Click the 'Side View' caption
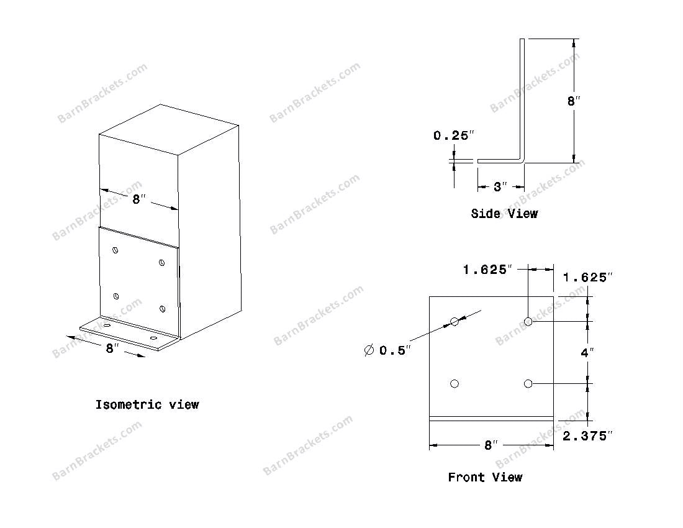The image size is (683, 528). [x=504, y=214]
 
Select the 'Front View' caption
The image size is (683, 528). [x=485, y=477]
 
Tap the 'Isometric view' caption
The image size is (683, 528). [x=147, y=405]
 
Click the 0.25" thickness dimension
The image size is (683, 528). [x=453, y=135]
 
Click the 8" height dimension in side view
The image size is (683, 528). [x=573, y=101]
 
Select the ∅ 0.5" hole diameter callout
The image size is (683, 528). [x=387, y=350]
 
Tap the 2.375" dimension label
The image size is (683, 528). [x=587, y=435]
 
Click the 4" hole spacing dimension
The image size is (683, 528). [x=587, y=352]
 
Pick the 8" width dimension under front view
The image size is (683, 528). [x=491, y=445]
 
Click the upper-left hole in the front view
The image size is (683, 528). [x=455, y=322]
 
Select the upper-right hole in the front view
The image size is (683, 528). [x=528, y=322]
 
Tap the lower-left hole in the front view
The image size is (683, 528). [x=455, y=384]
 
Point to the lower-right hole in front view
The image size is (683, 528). [x=528, y=384]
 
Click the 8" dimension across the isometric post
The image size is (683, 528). [x=139, y=199]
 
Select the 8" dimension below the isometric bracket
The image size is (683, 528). [x=112, y=348]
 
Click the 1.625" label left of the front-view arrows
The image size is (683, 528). [x=487, y=270]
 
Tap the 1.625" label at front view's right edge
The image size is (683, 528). [x=587, y=277]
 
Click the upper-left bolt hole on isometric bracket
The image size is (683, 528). [x=115, y=250]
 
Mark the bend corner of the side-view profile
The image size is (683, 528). [x=522, y=160]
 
